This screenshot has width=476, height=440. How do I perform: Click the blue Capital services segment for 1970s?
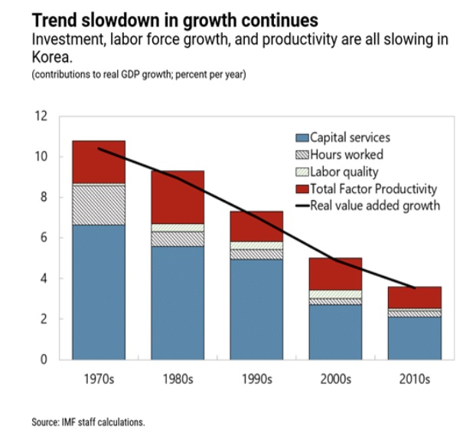pos(99,291)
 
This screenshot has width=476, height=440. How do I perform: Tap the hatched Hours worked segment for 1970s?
pos(99,204)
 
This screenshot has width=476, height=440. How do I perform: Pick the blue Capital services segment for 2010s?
pos(415,337)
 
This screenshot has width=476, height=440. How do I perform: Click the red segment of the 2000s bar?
pos(336,274)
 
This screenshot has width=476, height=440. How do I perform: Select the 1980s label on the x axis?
pos(178,379)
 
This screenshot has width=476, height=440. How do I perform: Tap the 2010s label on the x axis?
pos(415,379)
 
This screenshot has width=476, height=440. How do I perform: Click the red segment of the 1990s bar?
pos(256,226)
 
